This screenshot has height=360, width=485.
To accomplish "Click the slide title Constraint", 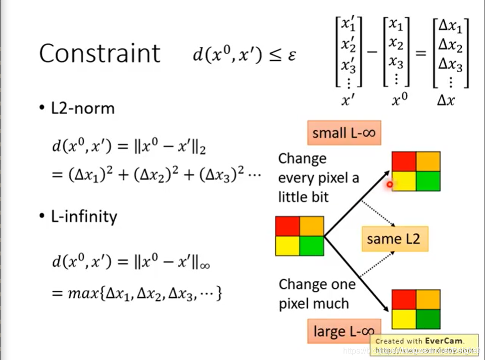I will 100,53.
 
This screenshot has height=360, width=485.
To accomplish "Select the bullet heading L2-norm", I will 82,108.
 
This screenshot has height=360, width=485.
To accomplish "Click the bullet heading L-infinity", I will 84,217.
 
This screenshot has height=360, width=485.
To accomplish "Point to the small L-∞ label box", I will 344,133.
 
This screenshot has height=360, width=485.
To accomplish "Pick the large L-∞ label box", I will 344,331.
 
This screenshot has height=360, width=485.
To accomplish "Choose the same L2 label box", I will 395,238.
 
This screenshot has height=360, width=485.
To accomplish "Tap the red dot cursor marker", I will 390,185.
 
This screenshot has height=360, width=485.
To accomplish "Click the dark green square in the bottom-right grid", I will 428,318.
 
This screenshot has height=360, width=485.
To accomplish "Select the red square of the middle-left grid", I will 287,226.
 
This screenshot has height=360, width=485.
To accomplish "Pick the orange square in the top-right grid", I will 428,162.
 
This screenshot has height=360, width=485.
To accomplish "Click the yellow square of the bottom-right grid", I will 404,318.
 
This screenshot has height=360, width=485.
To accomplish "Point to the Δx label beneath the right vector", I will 446,100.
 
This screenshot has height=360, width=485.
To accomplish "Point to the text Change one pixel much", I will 316,293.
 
